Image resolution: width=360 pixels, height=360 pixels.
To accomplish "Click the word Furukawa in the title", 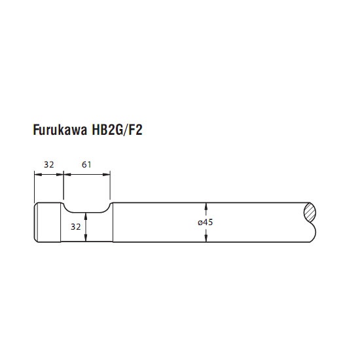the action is click(60, 130).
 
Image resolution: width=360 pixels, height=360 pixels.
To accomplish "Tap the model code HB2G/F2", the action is click(117, 130).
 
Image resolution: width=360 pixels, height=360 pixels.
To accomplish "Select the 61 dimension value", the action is click(86, 164).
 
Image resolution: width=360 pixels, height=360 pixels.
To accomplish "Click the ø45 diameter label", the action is click(206, 223).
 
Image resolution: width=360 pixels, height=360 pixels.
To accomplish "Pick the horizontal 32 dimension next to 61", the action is click(49, 164).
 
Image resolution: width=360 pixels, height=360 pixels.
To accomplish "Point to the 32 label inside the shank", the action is click(76, 227).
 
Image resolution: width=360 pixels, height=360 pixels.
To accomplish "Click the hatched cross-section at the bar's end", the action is click(310, 213).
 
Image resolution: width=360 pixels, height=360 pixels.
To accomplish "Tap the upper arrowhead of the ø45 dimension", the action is click(206, 206).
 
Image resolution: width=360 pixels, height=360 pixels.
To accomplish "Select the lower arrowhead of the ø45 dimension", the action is click(206, 238).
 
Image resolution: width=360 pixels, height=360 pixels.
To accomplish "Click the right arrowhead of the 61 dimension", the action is click(107, 175).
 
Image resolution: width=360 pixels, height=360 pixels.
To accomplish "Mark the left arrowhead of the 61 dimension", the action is click(67, 175).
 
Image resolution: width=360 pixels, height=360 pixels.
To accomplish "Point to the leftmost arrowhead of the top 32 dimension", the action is click(38, 175).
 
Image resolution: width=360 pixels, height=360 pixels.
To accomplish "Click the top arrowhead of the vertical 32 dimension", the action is click(86, 216).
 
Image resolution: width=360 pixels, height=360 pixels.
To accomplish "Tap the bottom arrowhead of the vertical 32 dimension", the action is click(86, 238).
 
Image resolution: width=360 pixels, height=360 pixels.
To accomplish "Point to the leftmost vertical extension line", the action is click(34, 185).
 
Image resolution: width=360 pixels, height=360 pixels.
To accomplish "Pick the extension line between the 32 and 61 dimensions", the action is click(63, 185).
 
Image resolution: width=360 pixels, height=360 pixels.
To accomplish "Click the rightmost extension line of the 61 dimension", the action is click(110, 185).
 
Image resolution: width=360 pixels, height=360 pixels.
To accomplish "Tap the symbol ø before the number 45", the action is click(200, 223).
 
